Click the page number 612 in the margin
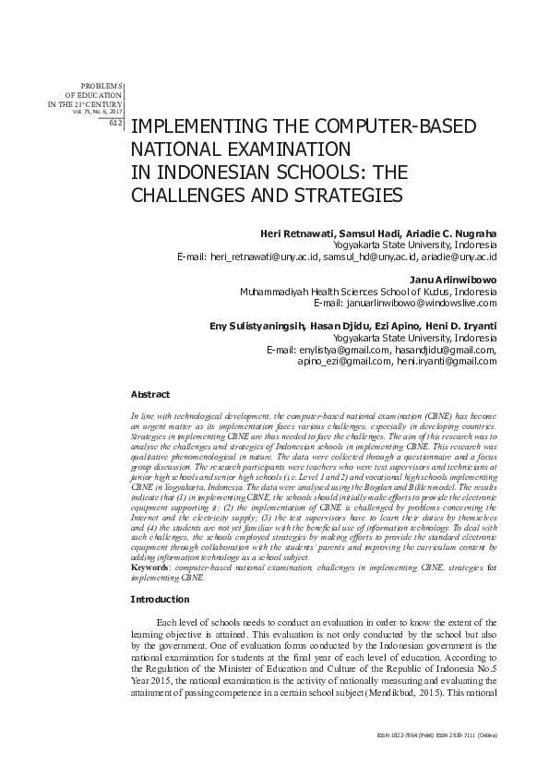[x=116, y=122]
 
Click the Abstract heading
[x=149, y=394]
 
